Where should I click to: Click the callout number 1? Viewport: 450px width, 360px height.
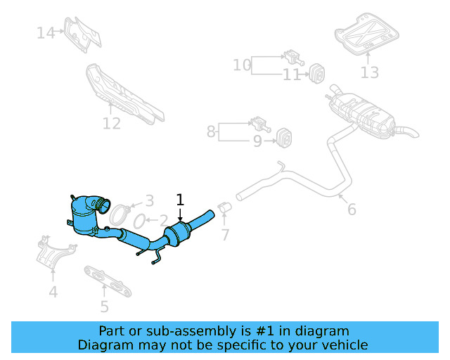click(180, 199)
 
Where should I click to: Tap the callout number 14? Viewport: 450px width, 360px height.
click(46, 32)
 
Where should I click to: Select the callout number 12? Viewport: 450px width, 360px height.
click(112, 124)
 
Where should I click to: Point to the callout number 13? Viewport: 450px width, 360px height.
click(370, 72)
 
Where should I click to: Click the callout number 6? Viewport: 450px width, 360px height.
click(352, 209)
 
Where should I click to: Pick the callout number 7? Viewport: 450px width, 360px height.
click(225, 234)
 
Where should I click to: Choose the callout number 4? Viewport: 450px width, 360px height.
click(53, 292)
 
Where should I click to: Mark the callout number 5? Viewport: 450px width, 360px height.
click(104, 306)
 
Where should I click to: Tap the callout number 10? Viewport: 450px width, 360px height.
click(242, 65)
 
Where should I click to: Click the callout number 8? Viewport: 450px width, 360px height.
click(211, 131)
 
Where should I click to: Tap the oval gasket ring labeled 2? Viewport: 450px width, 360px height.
click(139, 220)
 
